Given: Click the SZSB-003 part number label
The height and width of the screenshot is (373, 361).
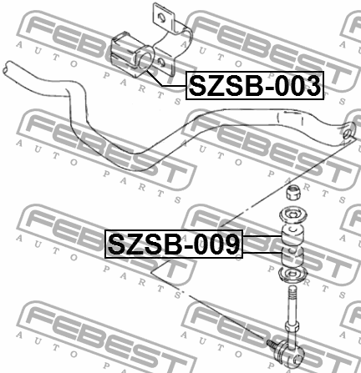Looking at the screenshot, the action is click(x=255, y=85).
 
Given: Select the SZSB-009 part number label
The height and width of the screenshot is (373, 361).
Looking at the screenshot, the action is click(x=174, y=244).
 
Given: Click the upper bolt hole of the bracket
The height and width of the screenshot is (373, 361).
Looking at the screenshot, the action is click(x=161, y=18).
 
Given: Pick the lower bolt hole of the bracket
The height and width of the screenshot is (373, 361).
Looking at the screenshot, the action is click(x=161, y=62).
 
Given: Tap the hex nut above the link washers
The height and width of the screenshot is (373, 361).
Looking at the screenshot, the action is click(x=293, y=192).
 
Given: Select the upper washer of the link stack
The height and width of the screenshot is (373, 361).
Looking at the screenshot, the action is click(x=292, y=215).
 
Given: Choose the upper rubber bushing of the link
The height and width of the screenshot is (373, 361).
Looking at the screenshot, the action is click(x=292, y=234).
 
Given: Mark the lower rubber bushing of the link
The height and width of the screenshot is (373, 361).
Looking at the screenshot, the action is click(x=292, y=256).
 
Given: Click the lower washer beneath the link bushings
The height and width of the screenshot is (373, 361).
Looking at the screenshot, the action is click(x=293, y=275).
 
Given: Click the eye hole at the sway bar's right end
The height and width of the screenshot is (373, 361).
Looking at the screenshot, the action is click(x=347, y=134).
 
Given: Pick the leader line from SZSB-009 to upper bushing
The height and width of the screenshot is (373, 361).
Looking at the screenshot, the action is click(x=262, y=236).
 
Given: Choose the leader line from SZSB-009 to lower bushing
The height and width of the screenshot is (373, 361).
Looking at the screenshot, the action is click(x=262, y=252).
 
